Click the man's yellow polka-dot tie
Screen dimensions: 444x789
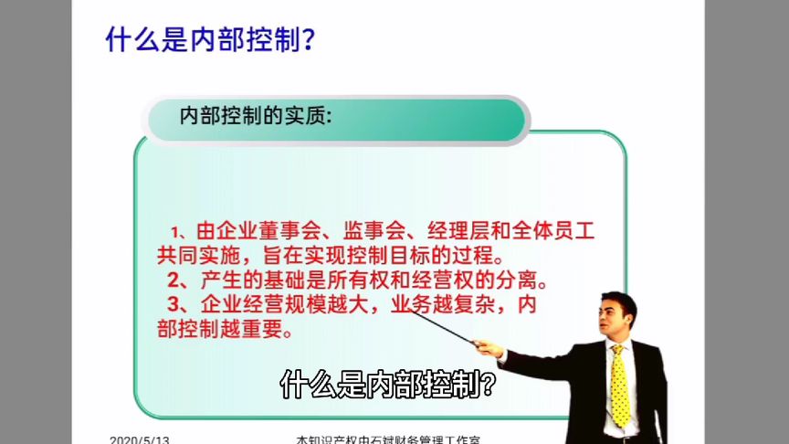coord(620,384)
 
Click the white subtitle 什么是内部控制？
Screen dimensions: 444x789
coord(388,385)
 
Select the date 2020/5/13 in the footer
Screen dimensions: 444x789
coord(139,439)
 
